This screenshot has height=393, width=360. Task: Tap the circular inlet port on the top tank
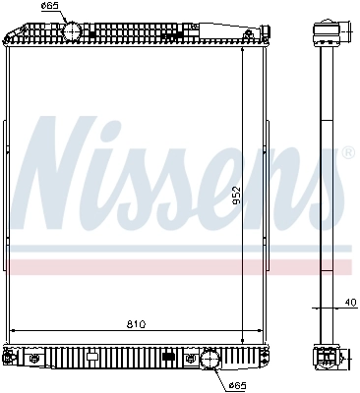(x=73, y=31)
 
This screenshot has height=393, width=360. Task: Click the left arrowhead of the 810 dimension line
(x=12, y=330)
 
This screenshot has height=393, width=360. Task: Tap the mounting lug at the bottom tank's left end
(x=10, y=357)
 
